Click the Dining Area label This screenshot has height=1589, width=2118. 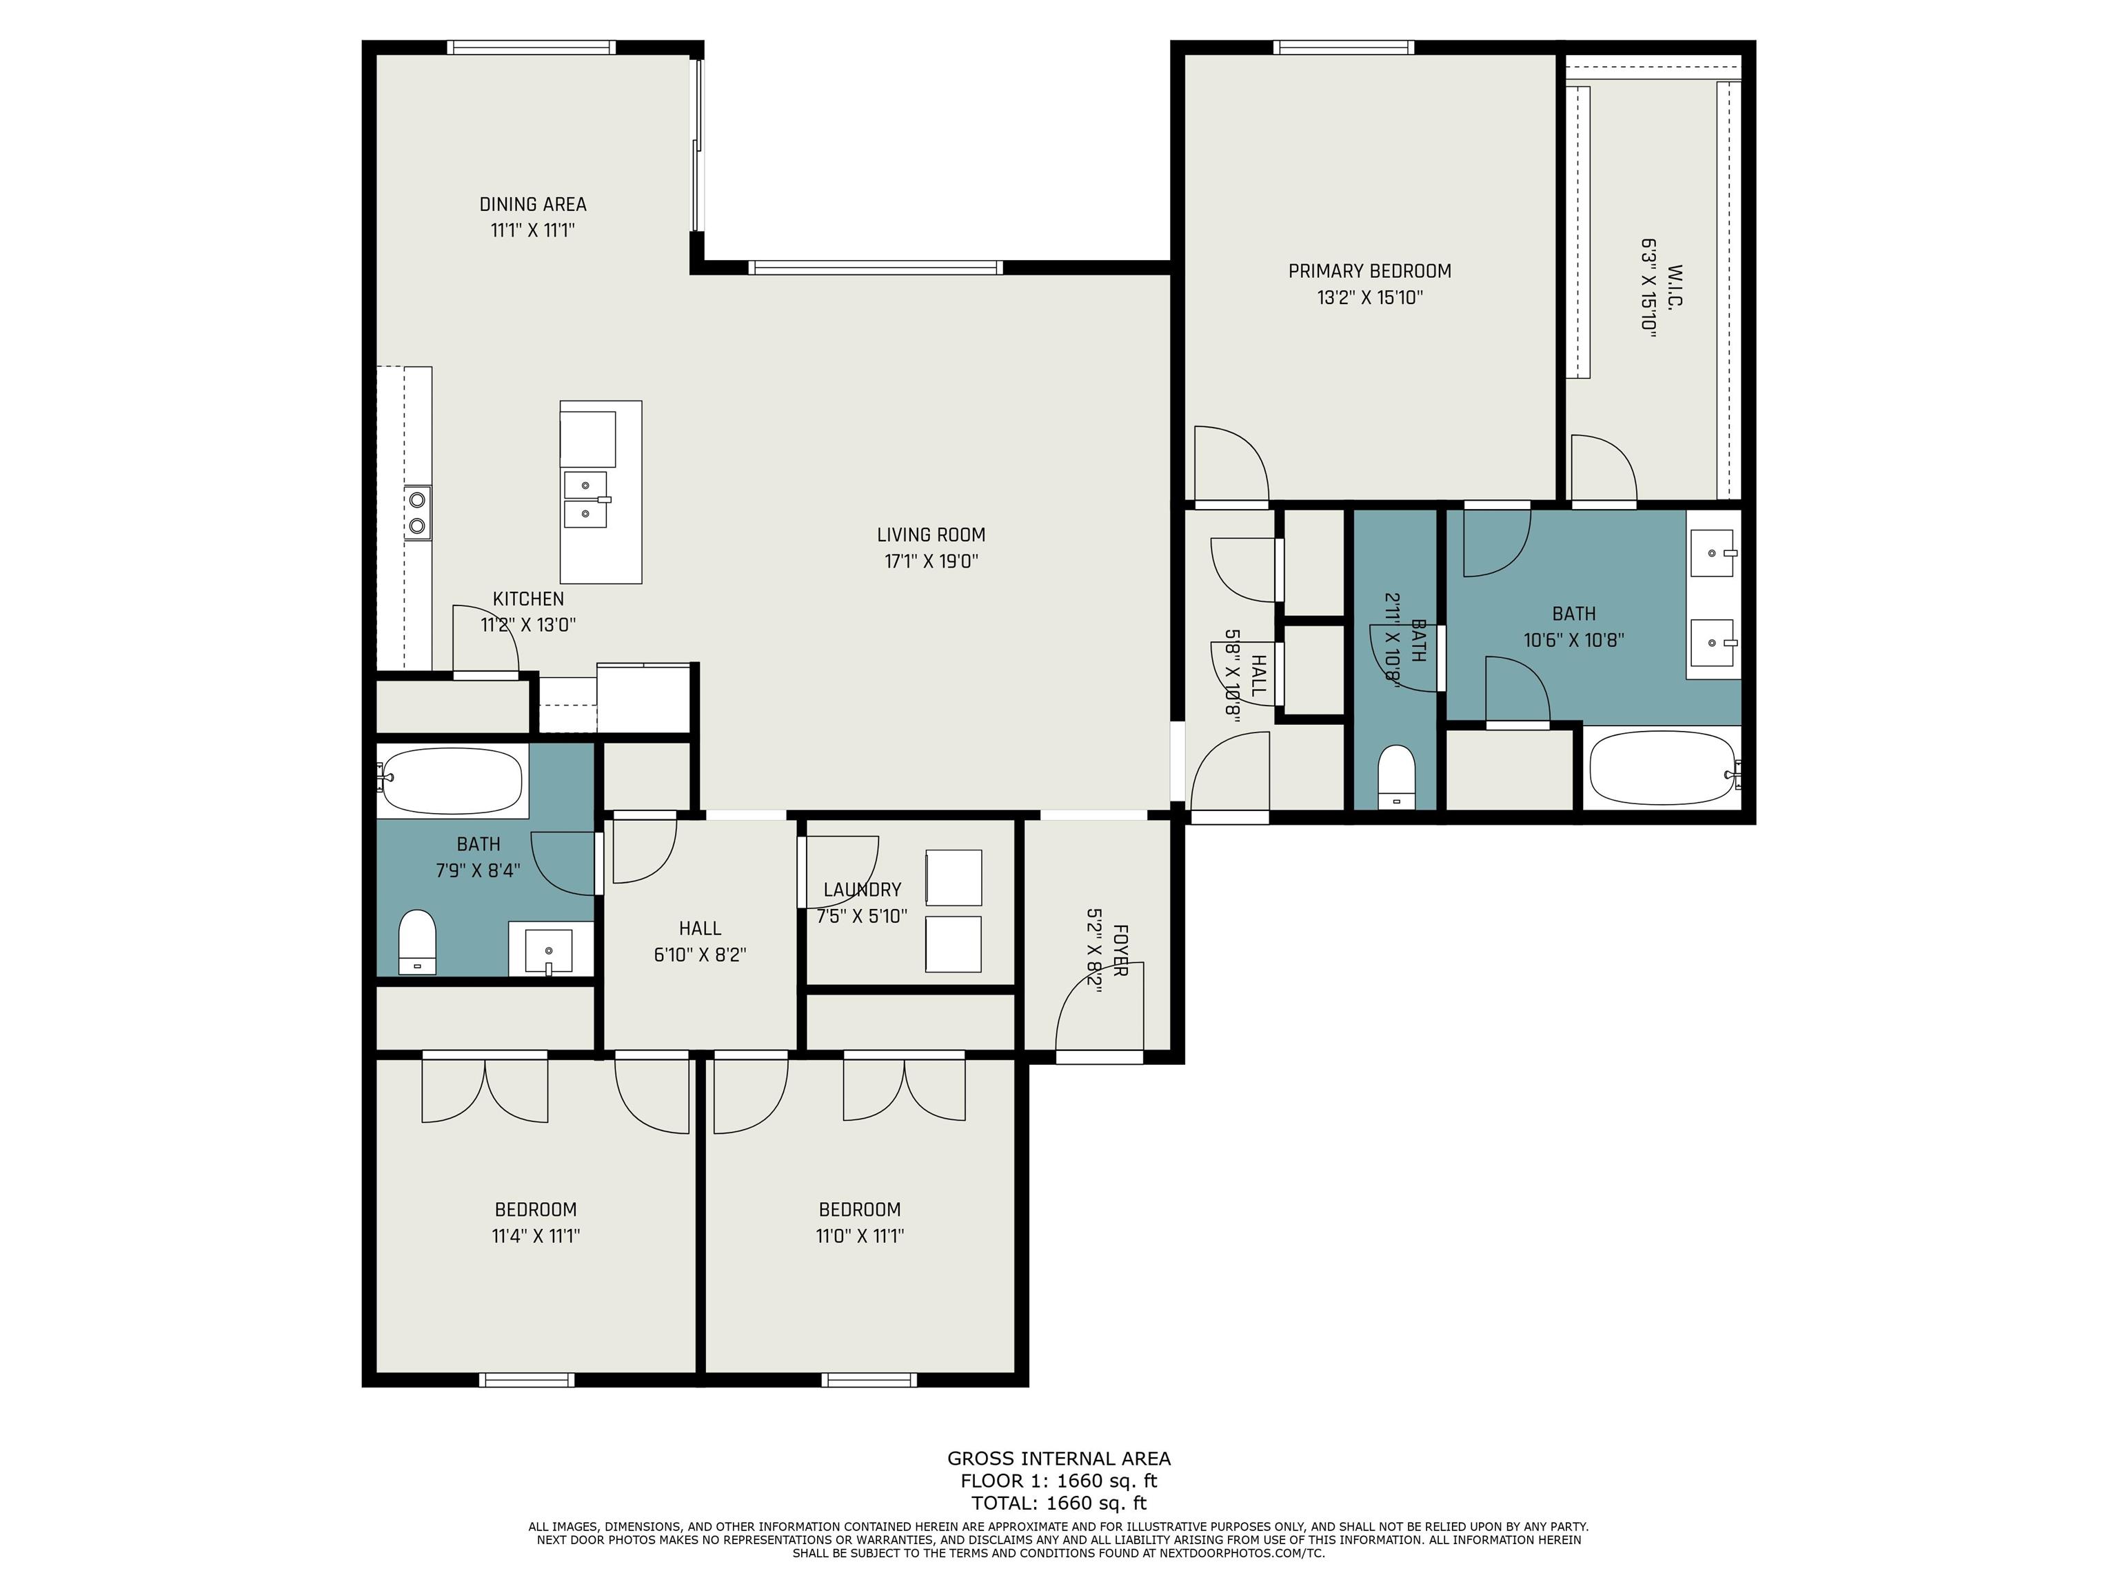(532, 204)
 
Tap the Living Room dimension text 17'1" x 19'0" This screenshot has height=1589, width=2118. (931, 561)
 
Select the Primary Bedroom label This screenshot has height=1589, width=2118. (1369, 271)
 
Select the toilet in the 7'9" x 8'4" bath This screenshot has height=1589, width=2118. (416, 941)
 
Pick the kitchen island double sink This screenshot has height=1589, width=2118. (585, 499)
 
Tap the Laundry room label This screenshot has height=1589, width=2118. (862, 890)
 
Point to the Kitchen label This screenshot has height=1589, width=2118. (527, 599)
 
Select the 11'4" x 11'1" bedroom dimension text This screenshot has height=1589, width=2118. (535, 1236)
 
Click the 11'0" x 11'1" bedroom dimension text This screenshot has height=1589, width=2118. (859, 1236)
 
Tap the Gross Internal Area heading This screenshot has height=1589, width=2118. (1058, 1459)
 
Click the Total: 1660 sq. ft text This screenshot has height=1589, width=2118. (1058, 1503)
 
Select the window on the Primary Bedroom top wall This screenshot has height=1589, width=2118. (1343, 47)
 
